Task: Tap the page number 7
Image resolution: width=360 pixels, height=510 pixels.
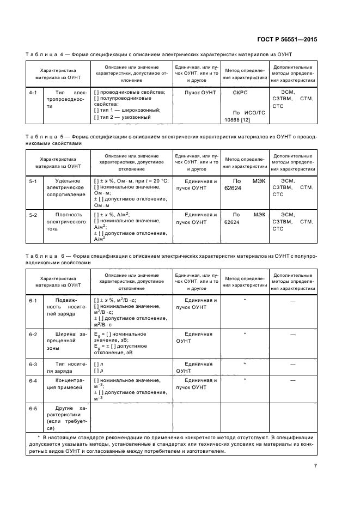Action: click(315, 465)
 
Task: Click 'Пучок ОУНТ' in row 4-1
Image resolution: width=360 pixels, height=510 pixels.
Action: click(199, 93)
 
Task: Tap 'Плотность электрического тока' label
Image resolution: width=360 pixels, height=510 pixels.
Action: click(68, 222)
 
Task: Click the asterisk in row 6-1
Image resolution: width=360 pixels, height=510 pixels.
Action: click(245, 300)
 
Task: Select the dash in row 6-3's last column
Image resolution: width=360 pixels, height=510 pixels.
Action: click(292, 363)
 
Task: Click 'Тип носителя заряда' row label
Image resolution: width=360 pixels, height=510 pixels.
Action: click(68, 367)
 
